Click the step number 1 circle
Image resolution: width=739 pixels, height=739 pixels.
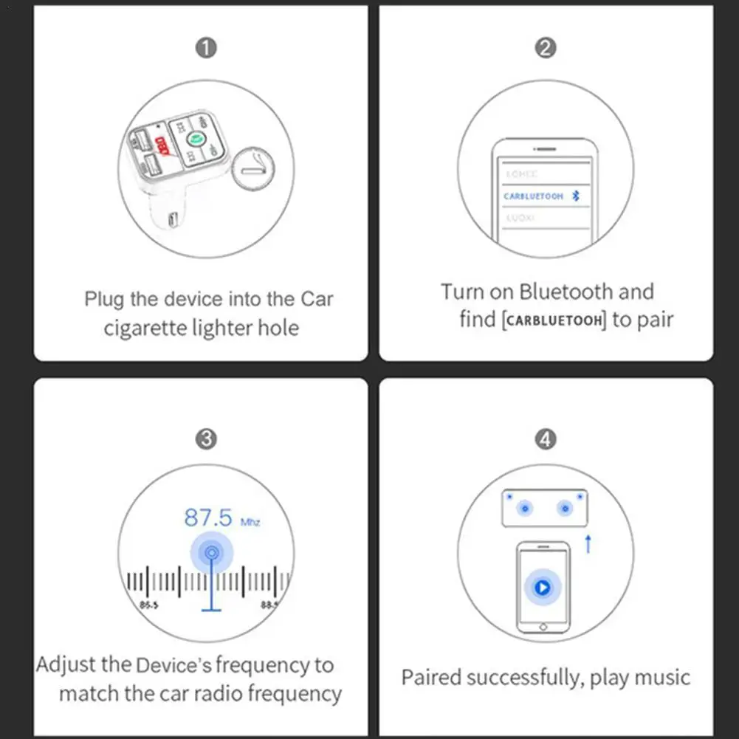click(206, 49)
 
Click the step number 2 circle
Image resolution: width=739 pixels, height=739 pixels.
click(545, 49)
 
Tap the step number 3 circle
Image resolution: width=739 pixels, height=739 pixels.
click(206, 439)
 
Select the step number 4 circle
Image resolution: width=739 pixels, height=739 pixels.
click(545, 439)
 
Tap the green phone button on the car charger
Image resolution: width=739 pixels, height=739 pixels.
click(196, 138)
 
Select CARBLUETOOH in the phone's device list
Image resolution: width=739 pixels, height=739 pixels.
click(533, 196)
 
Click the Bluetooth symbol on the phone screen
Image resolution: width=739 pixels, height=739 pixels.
click(578, 196)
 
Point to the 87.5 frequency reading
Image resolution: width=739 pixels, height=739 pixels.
click(208, 518)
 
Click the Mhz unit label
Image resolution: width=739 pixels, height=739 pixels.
click(250, 522)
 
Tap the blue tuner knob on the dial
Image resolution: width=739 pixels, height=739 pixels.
click(212, 552)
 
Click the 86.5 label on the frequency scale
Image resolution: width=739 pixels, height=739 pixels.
click(148, 605)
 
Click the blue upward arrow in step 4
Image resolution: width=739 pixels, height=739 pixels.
click(588, 545)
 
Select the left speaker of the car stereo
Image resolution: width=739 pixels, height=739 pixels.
click(525, 508)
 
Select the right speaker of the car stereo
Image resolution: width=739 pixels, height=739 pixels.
click(565, 508)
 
